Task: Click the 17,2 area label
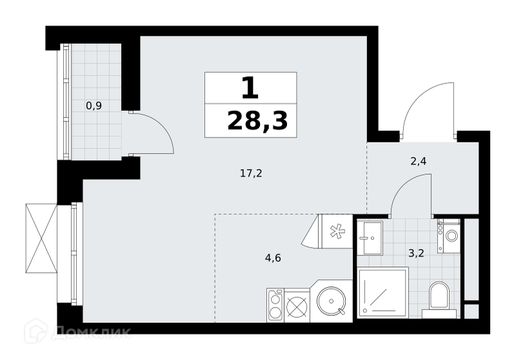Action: (251, 173)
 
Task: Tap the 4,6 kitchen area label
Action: (273, 257)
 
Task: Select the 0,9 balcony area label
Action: (94, 106)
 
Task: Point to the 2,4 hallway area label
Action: (418, 161)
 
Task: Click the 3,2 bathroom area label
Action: (416, 254)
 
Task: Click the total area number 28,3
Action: (257, 121)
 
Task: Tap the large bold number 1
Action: (250, 88)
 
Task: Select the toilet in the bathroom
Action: (439, 299)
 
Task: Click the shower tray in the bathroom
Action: (383, 292)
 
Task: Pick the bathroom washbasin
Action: (370, 237)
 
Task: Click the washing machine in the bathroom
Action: (448, 236)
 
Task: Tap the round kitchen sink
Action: (332, 301)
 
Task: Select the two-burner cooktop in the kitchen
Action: (275, 305)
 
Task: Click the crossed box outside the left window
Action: (41, 238)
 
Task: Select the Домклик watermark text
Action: (91, 331)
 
